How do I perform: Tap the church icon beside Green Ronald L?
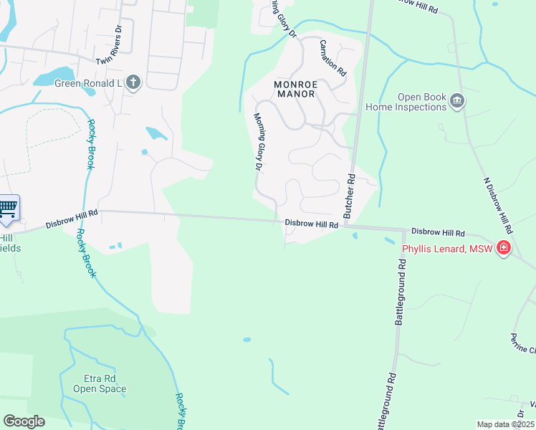[x=133, y=82]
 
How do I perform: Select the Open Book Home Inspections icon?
[x=456, y=102]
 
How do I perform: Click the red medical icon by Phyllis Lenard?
[x=504, y=249]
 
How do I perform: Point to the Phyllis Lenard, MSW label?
[x=448, y=249]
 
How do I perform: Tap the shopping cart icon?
[x=8, y=209]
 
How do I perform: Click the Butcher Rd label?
[x=349, y=196]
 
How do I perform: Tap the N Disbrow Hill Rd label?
[x=497, y=204]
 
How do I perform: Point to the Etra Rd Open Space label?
[x=100, y=383]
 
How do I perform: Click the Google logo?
[x=24, y=421]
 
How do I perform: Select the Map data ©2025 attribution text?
[x=506, y=424]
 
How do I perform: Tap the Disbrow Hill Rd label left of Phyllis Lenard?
[x=438, y=233]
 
